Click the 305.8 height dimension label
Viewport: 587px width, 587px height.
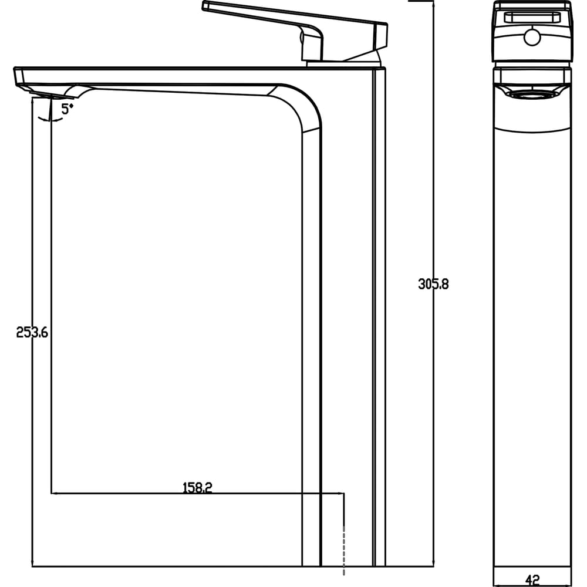(433, 284)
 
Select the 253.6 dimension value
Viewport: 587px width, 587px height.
(32, 332)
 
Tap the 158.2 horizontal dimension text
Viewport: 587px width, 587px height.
(197, 487)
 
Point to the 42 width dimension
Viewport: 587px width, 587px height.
(532, 581)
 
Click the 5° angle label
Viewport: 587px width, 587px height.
(67, 109)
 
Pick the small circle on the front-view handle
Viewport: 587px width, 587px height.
(532, 38)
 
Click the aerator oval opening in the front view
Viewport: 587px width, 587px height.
(532, 95)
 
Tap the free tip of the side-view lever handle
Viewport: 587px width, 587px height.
(204, 5)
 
